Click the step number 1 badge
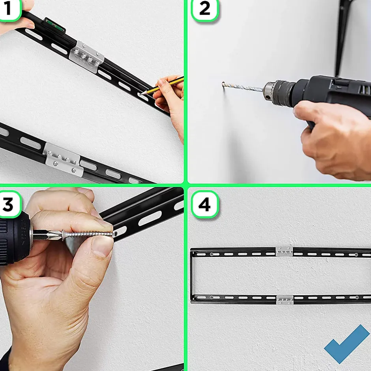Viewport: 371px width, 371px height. tap(9, 9)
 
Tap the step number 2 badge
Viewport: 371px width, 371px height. tap(205, 9)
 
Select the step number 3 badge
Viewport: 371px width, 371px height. tap(9, 204)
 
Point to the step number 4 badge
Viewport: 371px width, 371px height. tap(205, 204)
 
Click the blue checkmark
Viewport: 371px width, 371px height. tap(347, 344)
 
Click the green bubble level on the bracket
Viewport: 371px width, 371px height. tap(54, 26)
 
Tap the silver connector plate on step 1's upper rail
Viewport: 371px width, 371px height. tap(86, 57)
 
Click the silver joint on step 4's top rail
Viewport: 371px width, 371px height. tap(284, 251)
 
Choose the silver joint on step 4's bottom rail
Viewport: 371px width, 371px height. tap(285, 300)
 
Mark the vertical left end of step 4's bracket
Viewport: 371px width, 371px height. tap(191, 275)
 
